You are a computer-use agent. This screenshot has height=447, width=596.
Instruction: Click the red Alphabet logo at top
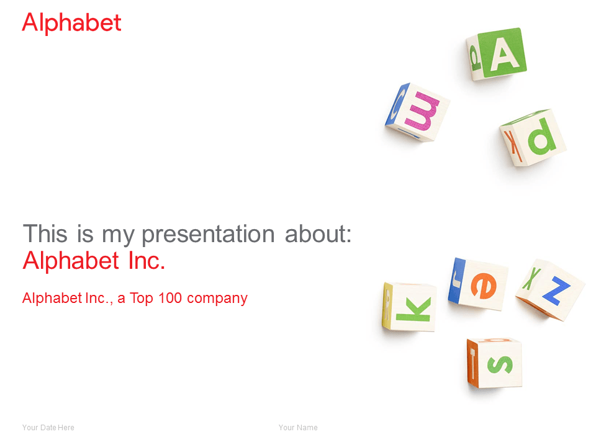pyautogui.click(x=71, y=23)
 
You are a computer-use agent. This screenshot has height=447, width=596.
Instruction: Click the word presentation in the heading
pyautogui.click(x=208, y=235)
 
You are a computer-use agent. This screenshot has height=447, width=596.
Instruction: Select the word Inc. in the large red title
pyautogui.click(x=147, y=260)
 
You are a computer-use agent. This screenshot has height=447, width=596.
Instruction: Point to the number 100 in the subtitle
pyautogui.click(x=170, y=298)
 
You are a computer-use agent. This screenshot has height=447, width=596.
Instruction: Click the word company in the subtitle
pyautogui.click(x=217, y=299)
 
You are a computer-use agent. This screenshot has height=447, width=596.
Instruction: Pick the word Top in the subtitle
pyautogui.click(x=141, y=299)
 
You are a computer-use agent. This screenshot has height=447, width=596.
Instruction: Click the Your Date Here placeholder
pyautogui.click(x=48, y=428)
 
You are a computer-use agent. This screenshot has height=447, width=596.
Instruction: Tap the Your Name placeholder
pyautogui.click(x=298, y=428)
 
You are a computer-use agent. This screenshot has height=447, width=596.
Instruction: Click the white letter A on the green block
pyautogui.click(x=504, y=54)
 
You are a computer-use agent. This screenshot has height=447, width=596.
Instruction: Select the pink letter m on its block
pyautogui.click(x=422, y=111)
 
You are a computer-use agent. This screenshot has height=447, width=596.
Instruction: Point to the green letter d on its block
pyautogui.click(x=542, y=136)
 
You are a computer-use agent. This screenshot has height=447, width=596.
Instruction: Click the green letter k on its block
pyautogui.click(x=413, y=310)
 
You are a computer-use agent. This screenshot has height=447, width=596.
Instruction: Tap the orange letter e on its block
pyautogui.click(x=484, y=286)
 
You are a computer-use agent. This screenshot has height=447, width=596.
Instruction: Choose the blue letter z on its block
pyautogui.click(x=556, y=291)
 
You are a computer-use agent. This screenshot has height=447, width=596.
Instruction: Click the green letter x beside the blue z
pyautogui.click(x=531, y=279)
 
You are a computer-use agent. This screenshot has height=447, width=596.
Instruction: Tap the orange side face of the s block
pyautogui.click(x=472, y=363)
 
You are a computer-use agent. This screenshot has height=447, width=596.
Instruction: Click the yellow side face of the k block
pyautogui.click(x=387, y=306)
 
